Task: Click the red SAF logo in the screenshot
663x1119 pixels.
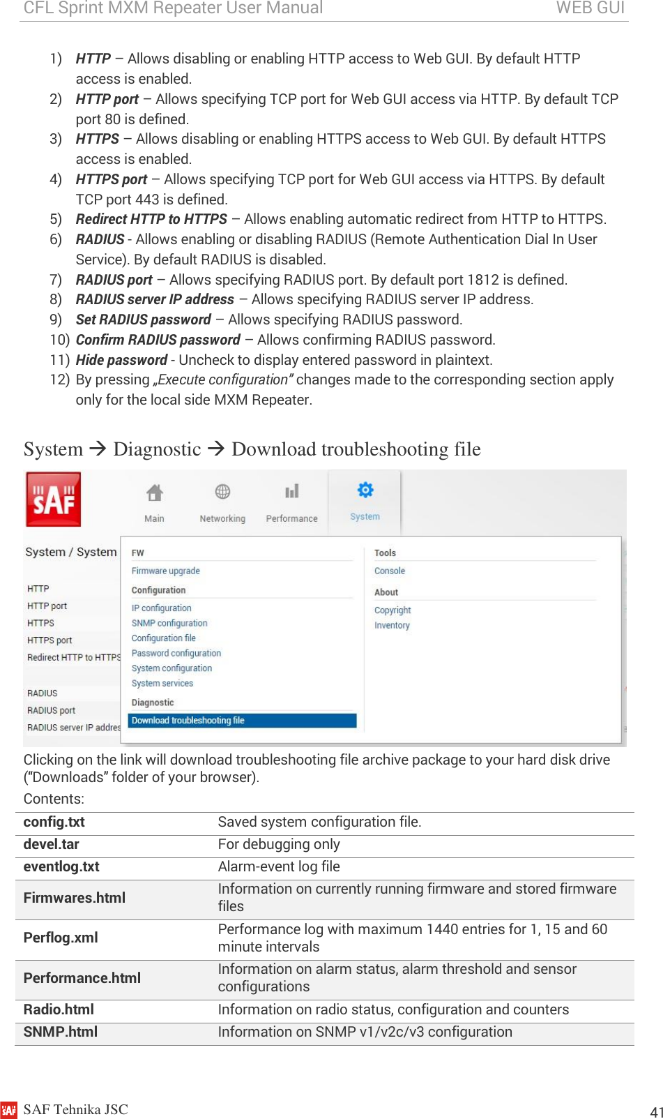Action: pyautogui.click(x=54, y=500)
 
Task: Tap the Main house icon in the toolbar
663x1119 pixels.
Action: pyautogui.click(x=155, y=493)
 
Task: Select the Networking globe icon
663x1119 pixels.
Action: pyautogui.click(x=222, y=492)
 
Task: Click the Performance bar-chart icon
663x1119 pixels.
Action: pyautogui.click(x=291, y=492)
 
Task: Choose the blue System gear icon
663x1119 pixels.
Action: pyautogui.click(x=365, y=490)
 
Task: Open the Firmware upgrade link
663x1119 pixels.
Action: pyautogui.click(x=166, y=571)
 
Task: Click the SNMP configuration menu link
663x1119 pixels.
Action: pyautogui.click(x=169, y=623)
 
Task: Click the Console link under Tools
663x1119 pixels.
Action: pyautogui.click(x=390, y=571)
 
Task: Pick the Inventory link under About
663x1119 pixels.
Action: pyautogui.click(x=392, y=625)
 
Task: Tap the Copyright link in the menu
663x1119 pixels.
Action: pyautogui.click(x=393, y=610)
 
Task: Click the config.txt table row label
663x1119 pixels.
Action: pyautogui.click(x=54, y=822)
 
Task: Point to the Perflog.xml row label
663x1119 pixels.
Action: pyautogui.click(x=61, y=938)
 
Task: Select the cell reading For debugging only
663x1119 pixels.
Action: pyautogui.click(x=279, y=844)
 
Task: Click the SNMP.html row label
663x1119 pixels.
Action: pyautogui.click(x=61, y=1032)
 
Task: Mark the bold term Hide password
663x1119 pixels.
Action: pyautogui.click(x=121, y=360)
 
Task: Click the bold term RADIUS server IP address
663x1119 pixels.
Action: pyautogui.click(x=155, y=299)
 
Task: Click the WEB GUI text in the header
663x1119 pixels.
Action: pyautogui.click(x=590, y=8)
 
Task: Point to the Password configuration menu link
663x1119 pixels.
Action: pyautogui.click(x=176, y=653)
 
